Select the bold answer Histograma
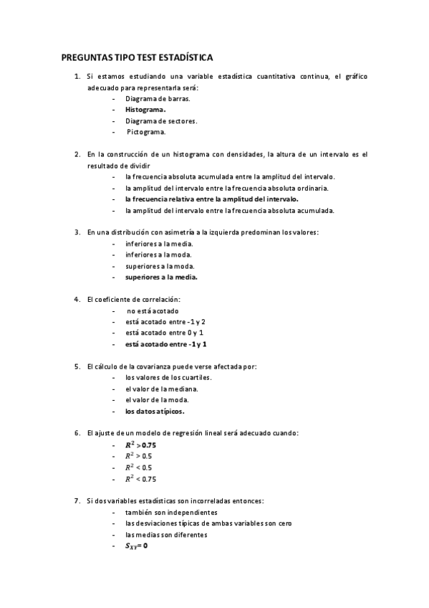(x=145, y=110)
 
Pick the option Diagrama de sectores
(x=160, y=120)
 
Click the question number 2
(x=77, y=154)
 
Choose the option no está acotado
(x=153, y=310)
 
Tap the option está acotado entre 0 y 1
(x=164, y=333)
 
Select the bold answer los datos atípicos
(x=155, y=412)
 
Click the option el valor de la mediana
(x=161, y=389)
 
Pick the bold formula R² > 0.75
(x=140, y=445)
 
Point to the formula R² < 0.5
(x=138, y=467)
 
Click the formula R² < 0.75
(x=140, y=478)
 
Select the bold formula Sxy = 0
(x=136, y=546)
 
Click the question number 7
(x=77, y=500)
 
